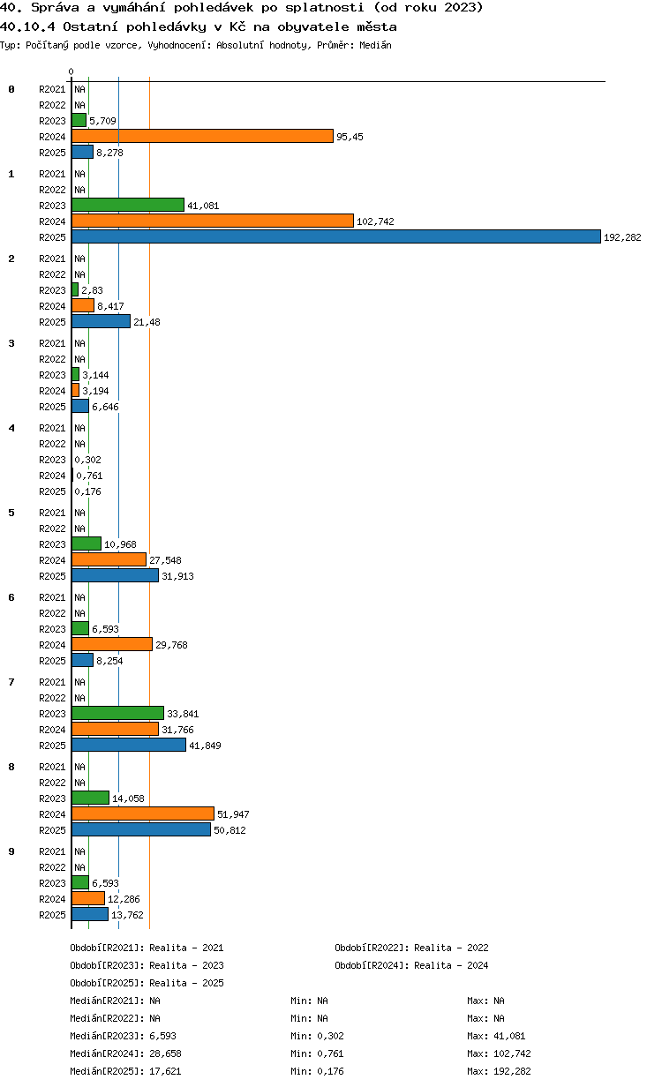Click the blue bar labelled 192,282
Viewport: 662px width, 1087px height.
pos(335,236)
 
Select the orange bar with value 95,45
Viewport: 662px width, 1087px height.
pos(202,137)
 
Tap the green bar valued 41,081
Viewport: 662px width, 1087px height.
pos(128,206)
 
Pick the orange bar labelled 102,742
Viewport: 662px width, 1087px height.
pos(213,221)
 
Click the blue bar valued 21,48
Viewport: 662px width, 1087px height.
pos(101,322)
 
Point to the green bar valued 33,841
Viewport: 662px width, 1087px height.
pos(117,713)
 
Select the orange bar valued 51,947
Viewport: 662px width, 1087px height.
pos(143,813)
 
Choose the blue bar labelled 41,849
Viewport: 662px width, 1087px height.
pos(129,745)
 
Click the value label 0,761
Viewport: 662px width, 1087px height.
pos(89,476)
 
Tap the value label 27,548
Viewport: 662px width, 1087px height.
pos(165,560)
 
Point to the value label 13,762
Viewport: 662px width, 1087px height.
pos(127,915)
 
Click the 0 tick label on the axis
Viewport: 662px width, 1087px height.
pos(71,71)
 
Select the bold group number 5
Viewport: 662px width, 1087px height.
pos(11,513)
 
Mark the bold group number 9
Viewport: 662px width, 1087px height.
pos(11,851)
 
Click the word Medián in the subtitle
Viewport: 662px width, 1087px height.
pos(375,45)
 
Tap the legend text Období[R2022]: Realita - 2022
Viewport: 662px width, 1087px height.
pos(411,948)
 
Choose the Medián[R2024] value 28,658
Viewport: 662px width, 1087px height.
pos(165,1053)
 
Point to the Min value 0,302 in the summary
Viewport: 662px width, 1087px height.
pos(330,1036)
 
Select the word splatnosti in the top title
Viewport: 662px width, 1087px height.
pos(325,8)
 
